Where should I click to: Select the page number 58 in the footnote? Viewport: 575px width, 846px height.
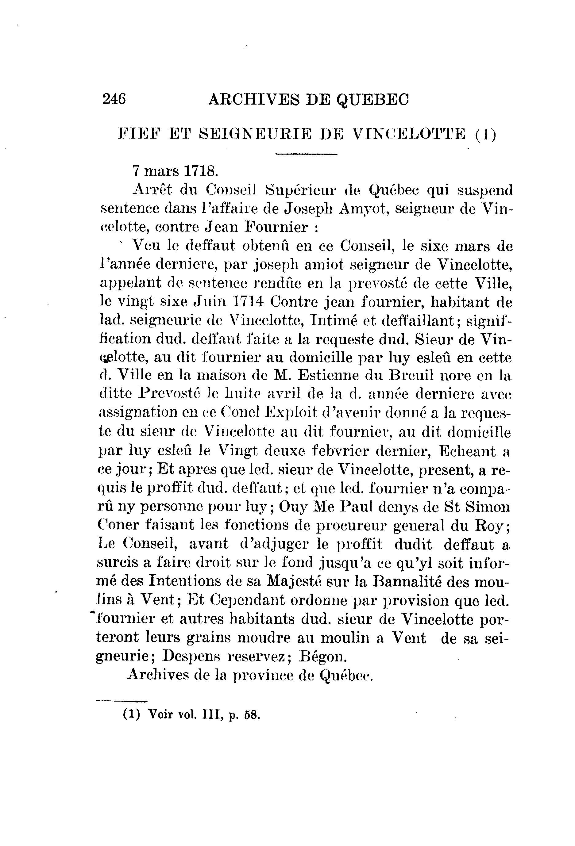252,714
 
